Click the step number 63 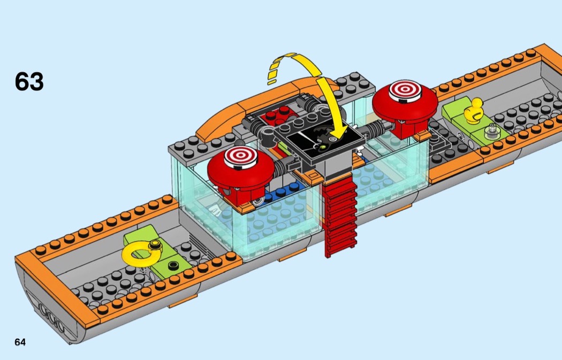[x=29, y=81]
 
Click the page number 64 [x=20, y=342]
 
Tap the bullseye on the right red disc [x=405, y=89]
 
